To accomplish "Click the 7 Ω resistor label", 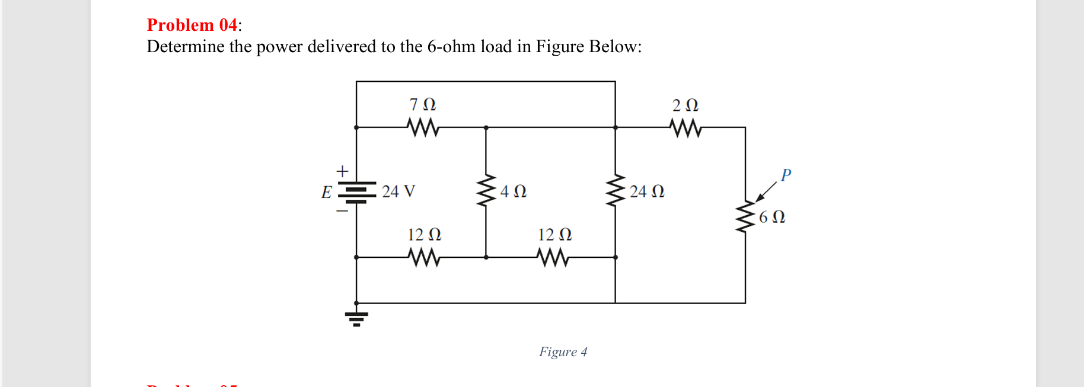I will (422, 105).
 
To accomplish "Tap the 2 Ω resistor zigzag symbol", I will (686, 127).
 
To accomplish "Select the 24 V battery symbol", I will (356, 191).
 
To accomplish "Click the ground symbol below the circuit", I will (356, 318).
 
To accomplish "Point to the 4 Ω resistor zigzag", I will (486, 190).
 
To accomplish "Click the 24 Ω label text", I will (646, 191).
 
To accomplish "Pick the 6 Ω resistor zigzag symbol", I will (745, 218).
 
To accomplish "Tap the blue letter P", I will (786, 175).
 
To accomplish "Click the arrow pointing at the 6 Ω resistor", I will (766, 192).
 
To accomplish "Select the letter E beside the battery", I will (326, 192).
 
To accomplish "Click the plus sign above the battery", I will (342, 171).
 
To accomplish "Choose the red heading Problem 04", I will (192, 25).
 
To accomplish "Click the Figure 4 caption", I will (563, 352).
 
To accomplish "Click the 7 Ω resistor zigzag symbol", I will (423, 127).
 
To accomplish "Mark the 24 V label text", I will (398, 191).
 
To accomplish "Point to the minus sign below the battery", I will (342, 210).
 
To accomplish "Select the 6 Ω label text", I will (771, 217).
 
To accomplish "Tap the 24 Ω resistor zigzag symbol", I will (616, 190).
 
